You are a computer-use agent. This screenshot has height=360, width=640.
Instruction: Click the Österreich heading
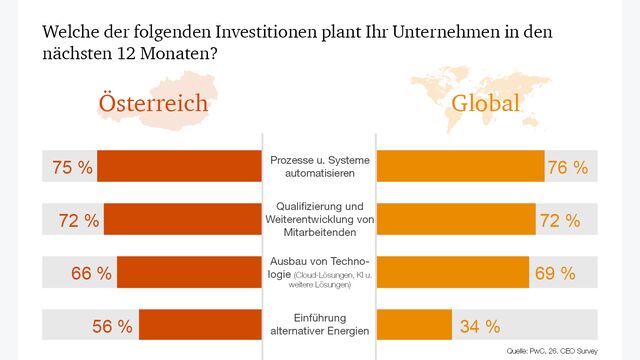152,104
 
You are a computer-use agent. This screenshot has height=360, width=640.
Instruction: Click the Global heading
485,104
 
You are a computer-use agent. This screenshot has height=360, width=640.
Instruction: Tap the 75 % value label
72,167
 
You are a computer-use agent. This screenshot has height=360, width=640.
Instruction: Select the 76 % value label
567,167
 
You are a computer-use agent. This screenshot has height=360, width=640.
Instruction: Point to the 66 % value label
91,272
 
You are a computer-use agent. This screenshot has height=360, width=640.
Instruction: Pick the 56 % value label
112,325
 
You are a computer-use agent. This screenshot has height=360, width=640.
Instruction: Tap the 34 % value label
479,325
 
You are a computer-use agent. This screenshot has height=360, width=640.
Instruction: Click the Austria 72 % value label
78,220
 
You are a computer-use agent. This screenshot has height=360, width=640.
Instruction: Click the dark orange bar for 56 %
200,325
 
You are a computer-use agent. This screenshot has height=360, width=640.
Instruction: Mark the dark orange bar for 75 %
180,167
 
